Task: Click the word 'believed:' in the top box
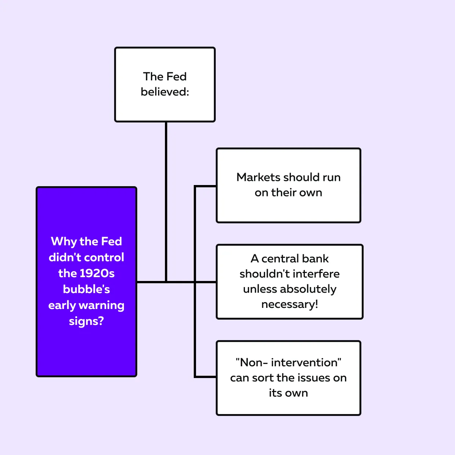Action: [x=165, y=92]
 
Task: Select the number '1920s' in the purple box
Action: [x=97, y=273]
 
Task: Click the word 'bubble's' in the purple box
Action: [x=86, y=289]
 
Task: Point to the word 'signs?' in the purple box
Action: [x=86, y=322]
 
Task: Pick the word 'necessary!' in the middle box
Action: [x=289, y=304]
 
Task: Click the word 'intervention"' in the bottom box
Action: [x=306, y=363]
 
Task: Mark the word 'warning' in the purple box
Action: [x=101, y=306]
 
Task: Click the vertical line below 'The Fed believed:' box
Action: [x=166, y=202]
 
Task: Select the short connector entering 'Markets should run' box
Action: [x=205, y=187]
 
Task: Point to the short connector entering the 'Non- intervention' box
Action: [x=205, y=377]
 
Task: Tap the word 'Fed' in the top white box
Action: [x=176, y=77]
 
